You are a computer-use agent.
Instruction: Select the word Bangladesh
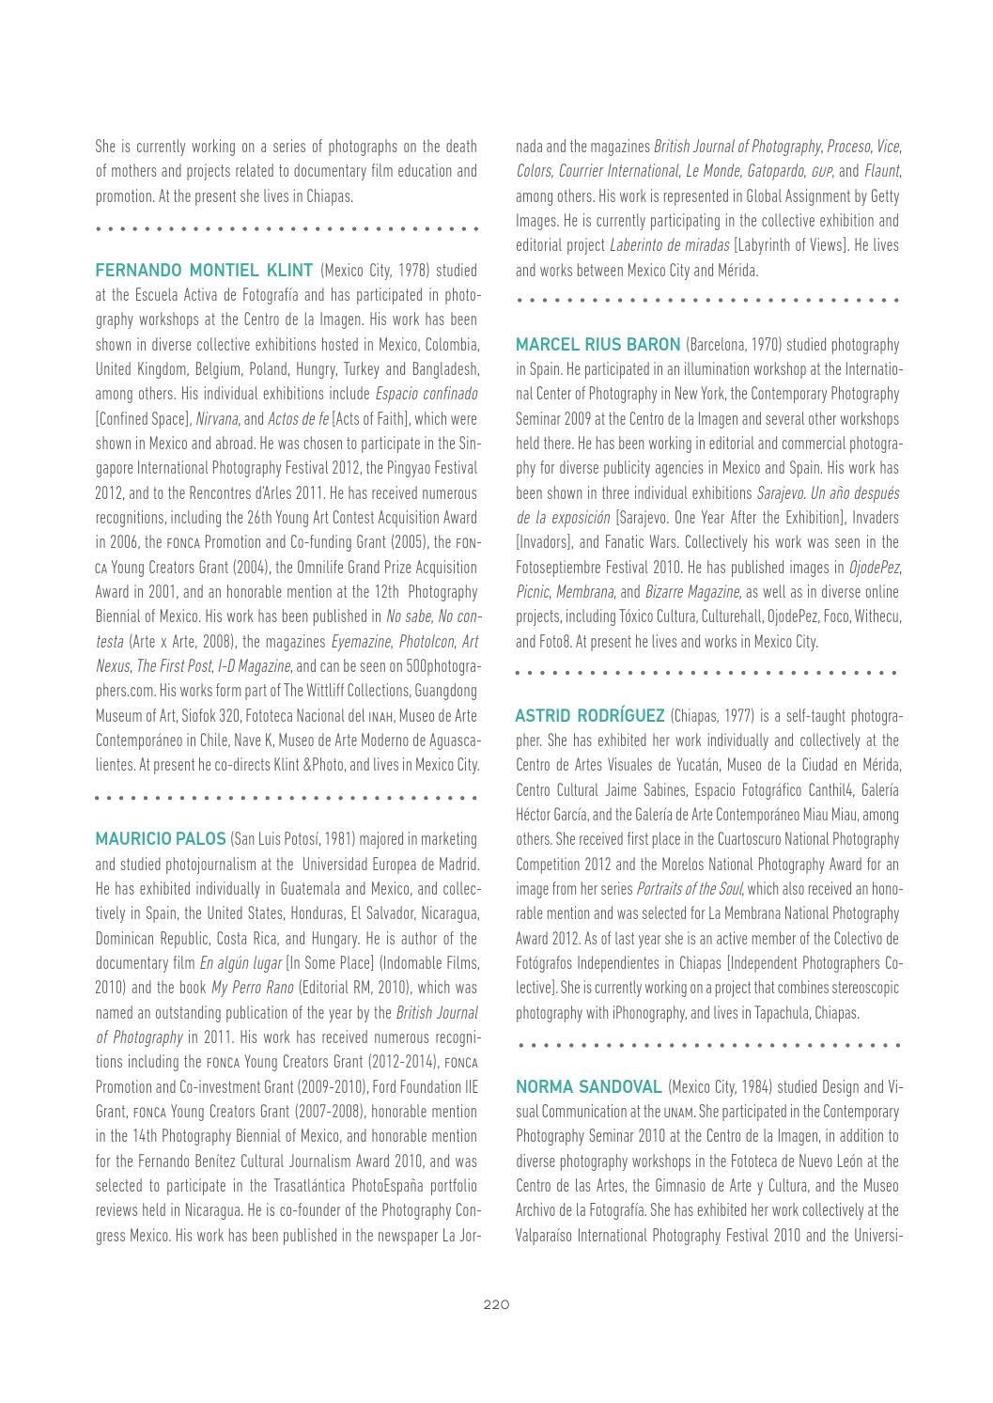click(442, 366)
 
